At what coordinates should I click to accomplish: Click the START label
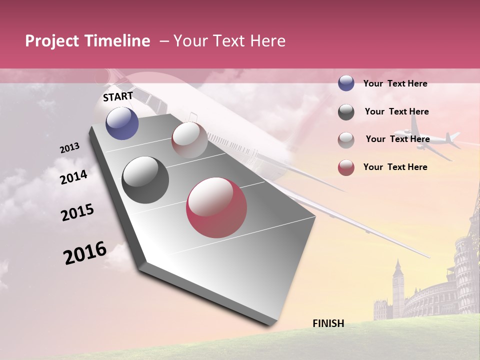[118, 96]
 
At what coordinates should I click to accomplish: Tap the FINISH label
[328, 323]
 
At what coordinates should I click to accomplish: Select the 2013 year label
[69, 148]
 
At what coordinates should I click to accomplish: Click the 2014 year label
[73, 177]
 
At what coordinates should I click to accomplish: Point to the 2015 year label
[77, 212]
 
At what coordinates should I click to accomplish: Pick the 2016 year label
[85, 252]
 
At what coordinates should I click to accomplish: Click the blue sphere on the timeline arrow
[122, 123]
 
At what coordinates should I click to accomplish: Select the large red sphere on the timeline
[216, 207]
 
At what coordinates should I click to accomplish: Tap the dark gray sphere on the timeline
[145, 180]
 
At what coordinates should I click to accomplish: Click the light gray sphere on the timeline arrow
[189, 140]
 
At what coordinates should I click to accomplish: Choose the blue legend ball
[346, 83]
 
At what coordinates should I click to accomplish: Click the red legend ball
[346, 167]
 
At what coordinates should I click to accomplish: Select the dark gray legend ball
[346, 112]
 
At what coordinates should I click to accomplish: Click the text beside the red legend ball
[395, 167]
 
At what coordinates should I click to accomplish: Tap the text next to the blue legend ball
[395, 83]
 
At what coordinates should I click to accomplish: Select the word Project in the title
[52, 41]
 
